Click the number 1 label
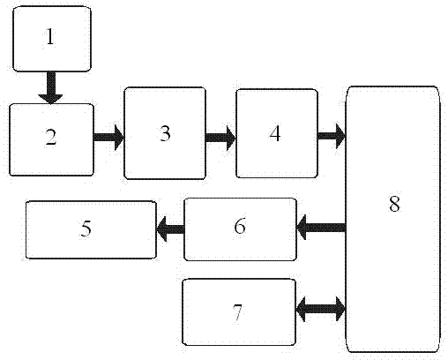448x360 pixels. point(50,37)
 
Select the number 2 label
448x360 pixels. point(51,137)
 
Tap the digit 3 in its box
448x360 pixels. point(165,133)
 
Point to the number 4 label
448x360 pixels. point(275,133)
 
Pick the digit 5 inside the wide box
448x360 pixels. point(86,228)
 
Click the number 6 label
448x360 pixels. point(240,226)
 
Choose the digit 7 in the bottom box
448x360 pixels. point(237,313)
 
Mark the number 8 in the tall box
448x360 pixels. point(394,204)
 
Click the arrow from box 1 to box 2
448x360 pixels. point(51,87)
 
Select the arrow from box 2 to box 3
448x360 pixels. point(108,138)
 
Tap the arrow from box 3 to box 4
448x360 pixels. point(220,138)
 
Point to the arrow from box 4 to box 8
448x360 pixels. point(332,136)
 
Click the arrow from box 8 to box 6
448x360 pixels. point(321,228)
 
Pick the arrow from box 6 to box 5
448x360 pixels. point(170,229)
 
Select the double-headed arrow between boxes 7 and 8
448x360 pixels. point(320,309)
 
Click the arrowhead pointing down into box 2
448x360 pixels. point(51,99)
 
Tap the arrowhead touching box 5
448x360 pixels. point(162,229)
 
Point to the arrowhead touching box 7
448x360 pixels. point(301,309)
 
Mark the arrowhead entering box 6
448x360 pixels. point(302,228)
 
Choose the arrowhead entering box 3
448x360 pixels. point(119,138)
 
